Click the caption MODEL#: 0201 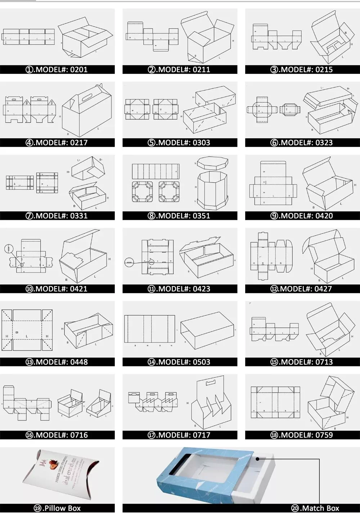pyautogui.click(x=57, y=70)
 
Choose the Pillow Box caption pyautogui.click(x=58, y=508)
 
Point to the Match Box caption pyautogui.click(x=315, y=508)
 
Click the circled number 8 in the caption pyautogui.click(x=152, y=216)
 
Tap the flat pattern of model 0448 pyautogui.click(x=27, y=330)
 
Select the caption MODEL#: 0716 pyautogui.click(x=57, y=435)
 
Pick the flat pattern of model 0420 pyautogui.click(x=274, y=184)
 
